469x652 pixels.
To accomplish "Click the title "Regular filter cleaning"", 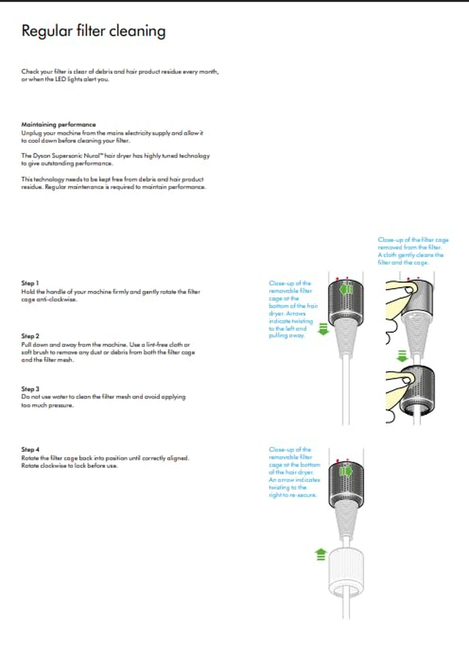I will point(93,31).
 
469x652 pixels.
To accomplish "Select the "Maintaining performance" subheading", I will point(58,125).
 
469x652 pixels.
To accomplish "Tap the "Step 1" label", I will point(30,283).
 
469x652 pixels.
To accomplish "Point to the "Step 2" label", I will point(30,337).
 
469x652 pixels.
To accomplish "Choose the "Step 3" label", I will point(30,389).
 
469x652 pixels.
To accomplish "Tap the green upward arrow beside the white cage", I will point(321,553).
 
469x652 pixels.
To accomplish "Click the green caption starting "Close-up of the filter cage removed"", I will point(410,252).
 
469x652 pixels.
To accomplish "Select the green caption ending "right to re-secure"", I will point(293,472).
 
